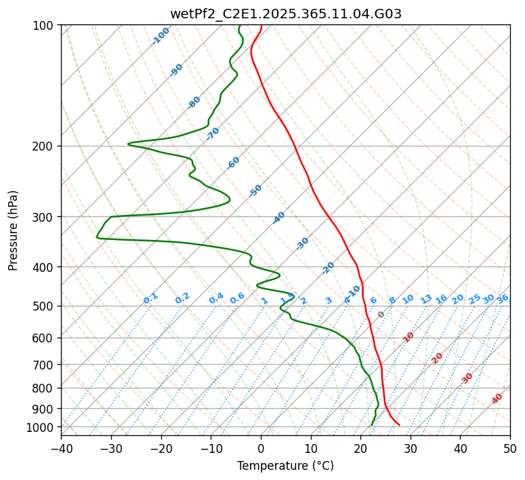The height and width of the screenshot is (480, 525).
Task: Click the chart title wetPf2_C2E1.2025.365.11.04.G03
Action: click(x=285, y=14)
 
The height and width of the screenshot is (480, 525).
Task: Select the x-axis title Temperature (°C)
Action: click(x=285, y=466)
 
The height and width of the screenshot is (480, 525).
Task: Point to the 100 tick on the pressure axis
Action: click(x=45, y=26)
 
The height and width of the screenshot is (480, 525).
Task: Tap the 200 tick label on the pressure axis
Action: click(x=45, y=146)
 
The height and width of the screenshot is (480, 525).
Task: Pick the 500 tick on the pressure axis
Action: click(x=45, y=306)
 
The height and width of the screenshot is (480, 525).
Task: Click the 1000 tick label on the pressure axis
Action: click(x=43, y=427)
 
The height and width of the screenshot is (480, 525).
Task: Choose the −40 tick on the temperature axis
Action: click(x=61, y=448)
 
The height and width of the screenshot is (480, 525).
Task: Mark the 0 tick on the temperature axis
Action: click(x=261, y=448)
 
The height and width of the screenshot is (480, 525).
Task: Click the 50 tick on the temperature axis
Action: click(x=510, y=448)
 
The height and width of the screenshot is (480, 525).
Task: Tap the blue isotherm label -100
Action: click(x=161, y=36)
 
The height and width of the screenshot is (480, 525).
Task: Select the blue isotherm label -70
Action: click(x=213, y=134)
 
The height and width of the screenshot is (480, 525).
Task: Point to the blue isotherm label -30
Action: click(x=302, y=243)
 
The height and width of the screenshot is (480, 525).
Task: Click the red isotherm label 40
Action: click(x=497, y=399)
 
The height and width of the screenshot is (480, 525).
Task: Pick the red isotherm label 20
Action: click(x=438, y=357)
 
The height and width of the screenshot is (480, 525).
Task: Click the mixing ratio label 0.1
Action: click(x=150, y=298)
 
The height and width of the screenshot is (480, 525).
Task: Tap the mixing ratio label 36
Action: click(x=503, y=298)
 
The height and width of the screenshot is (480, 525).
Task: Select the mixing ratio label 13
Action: click(x=426, y=299)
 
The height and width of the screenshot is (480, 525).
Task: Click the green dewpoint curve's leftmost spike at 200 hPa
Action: click(x=129, y=144)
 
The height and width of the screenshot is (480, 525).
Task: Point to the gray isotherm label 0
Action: click(x=381, y=315)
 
